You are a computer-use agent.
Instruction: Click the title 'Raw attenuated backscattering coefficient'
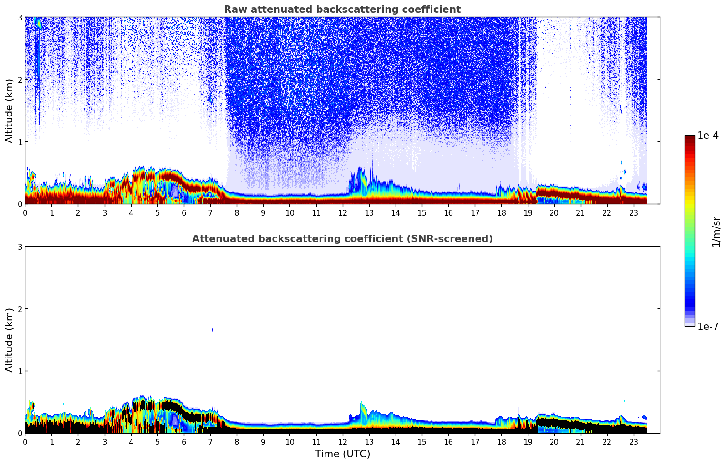pyautogui.click(x=342, y=10)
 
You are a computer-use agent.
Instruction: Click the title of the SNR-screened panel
pyautogui.click(x=342, y=239)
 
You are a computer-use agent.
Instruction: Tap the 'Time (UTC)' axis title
pyautogui.click(x=342, y=454)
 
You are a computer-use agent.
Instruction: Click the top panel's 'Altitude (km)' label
pyautogui.click(x=10, y=111)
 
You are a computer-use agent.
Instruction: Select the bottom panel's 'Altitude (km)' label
pyautogui.click(x=10, y=340)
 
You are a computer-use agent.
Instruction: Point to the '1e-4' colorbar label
pyautogui.click(x=708, y=136)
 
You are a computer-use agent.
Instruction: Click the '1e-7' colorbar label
pyautogui.click(x=708, y=326)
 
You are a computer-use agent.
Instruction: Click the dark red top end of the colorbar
pyautogui.click(x=690, y=137)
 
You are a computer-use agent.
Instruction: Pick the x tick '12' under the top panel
pyautogui.click(x=342, y=213)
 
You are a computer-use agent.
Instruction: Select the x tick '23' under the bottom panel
pyautogui.click(x=633, y=442)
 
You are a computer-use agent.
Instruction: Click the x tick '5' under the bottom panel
pyautogui.click(x=157, y=442)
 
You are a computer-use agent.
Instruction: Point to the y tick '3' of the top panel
pyautogui.click(x=20, y=17)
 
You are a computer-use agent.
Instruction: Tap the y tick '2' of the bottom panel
pyautogui.click(x=20, y=309)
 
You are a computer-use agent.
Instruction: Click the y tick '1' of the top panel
pyautogui.click(x=20, y=142)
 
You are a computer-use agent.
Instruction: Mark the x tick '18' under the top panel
pyautogui.click(x=501, y=213)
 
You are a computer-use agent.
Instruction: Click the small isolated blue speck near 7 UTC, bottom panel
pyautogui.click(x=212, y=330)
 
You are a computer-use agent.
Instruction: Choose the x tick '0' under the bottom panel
pyautogui.click(x=25, y=442)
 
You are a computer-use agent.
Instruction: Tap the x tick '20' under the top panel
pyautogui.click(x=554, y=213)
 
